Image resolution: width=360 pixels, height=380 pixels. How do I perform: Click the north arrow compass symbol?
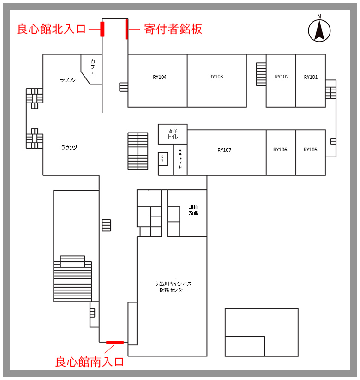[319, 30]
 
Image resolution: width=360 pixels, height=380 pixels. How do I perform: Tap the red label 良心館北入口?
[52, 29]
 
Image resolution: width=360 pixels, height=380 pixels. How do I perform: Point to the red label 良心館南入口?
[90, 362]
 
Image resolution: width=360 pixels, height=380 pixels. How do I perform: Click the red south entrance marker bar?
[114, 342]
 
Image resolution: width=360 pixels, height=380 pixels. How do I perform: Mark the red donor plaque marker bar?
[127, 29]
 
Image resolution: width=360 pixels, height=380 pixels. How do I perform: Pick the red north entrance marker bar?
[102, 29]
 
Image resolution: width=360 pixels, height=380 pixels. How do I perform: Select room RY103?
[216, 77]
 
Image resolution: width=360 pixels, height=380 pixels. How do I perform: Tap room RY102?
[282, 77]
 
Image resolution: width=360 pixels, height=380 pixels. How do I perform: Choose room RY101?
[311, 77]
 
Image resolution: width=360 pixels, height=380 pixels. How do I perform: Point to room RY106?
[280, 150]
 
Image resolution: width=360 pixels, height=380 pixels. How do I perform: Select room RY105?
[310, 150]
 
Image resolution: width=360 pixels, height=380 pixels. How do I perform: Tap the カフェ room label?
[93, 67]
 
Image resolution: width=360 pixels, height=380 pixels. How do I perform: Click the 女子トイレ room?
[173, 134]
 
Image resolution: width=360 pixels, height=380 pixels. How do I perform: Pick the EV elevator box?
[162, 159]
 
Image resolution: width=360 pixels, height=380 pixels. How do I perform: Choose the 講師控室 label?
[193, 210]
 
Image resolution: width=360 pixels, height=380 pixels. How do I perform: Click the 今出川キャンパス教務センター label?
[173, 287]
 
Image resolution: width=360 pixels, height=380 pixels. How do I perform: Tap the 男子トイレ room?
[180, 161]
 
